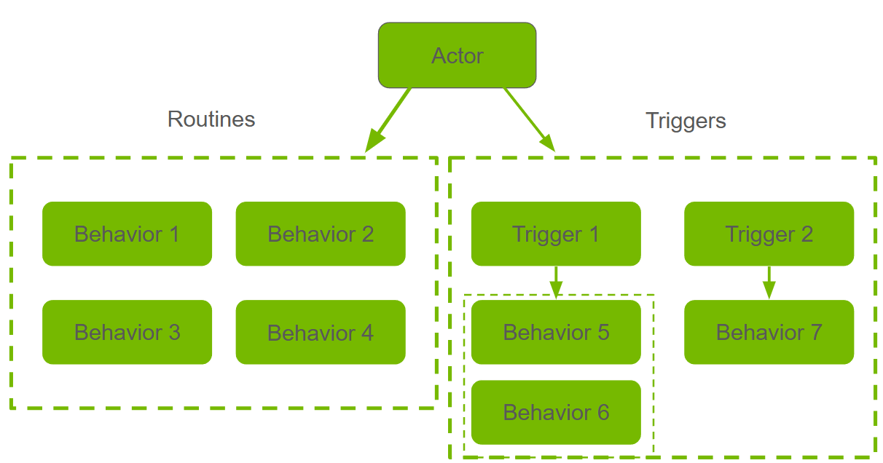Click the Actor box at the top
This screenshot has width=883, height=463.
[457, 55]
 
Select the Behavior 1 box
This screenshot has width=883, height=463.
[127, 234]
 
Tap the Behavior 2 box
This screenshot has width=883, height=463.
[321, 234]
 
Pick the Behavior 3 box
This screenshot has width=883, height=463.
[127, 332]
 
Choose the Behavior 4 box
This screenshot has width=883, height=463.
[321, 332]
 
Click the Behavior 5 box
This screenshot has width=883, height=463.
[556, 332]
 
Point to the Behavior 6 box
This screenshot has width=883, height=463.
[556, 412]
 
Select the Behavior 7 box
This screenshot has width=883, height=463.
[769, 332]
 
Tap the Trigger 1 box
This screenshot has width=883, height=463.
[556, 234]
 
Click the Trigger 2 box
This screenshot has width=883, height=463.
[769, 234]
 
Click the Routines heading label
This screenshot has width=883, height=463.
[211, 119]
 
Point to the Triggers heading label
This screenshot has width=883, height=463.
[686, 120]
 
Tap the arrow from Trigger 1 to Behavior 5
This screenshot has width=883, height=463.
[556, 282]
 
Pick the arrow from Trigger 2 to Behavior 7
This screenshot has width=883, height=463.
[769, 282]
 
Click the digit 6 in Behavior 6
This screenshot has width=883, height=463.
[603, 413]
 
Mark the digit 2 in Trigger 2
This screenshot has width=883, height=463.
[806, 234]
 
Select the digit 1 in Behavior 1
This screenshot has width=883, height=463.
[173, 234]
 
